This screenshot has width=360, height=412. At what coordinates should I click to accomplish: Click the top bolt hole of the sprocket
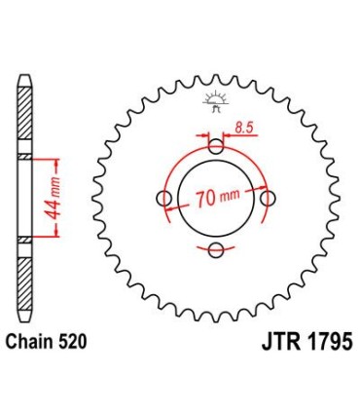click(215, 146)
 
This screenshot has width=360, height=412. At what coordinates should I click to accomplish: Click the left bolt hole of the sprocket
click(163, 198)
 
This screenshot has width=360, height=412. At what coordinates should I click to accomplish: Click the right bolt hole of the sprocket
click(267, 198)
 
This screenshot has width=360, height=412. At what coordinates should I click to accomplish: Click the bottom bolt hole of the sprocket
click(215, 250)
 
